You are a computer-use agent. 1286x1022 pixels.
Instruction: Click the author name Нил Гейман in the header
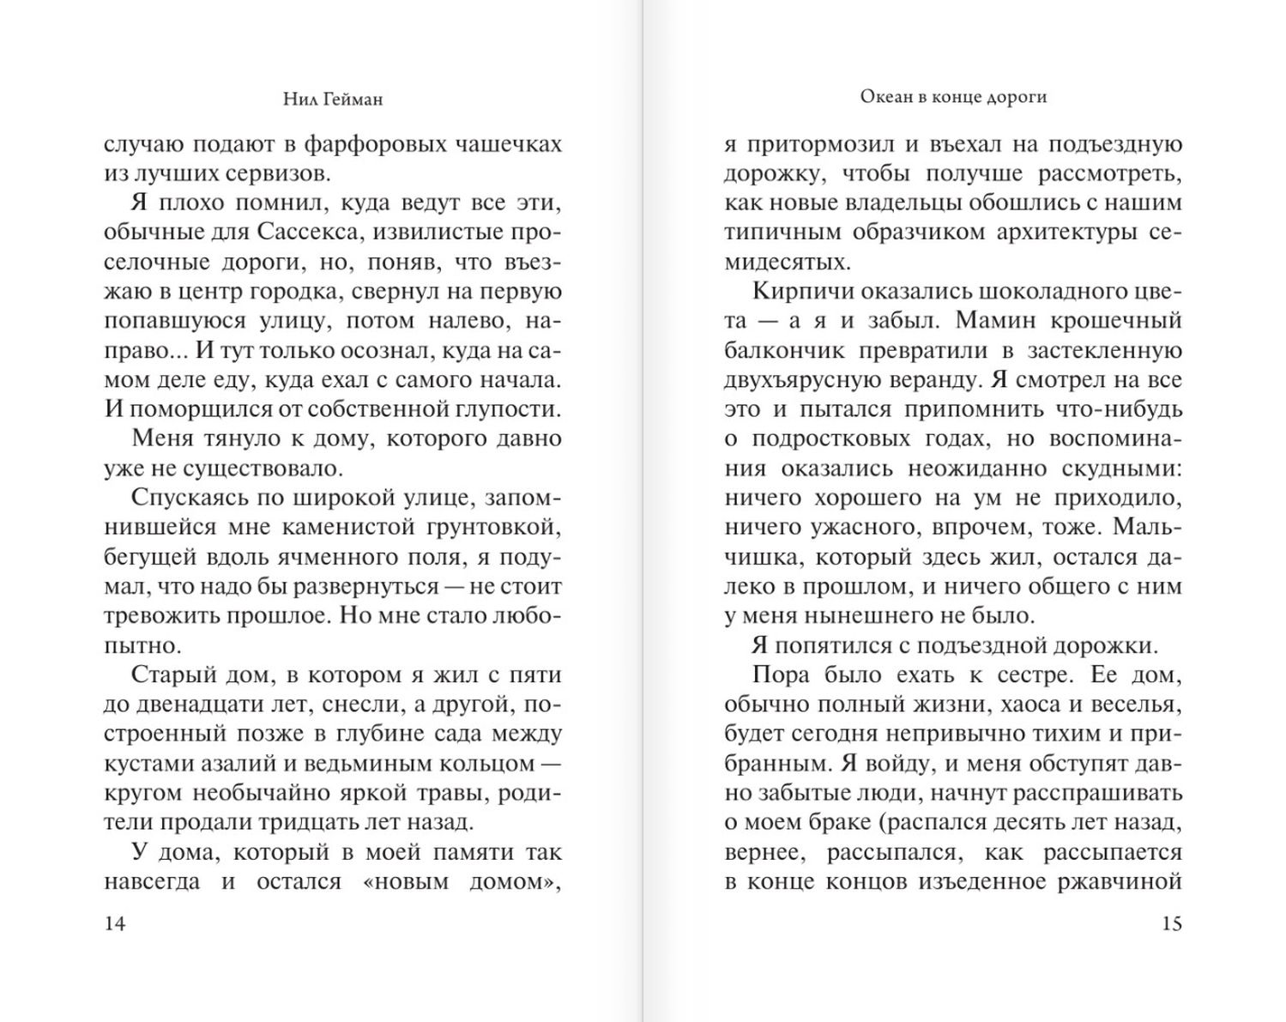[333, 100]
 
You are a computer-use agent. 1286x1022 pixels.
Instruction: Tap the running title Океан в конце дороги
[953, 97]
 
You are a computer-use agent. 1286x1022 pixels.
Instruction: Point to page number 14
[114, 923]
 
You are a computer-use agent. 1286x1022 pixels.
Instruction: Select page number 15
[1171, 923]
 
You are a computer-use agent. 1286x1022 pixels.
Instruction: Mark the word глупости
[503, 408]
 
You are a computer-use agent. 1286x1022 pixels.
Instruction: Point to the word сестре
[1035, 674]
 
